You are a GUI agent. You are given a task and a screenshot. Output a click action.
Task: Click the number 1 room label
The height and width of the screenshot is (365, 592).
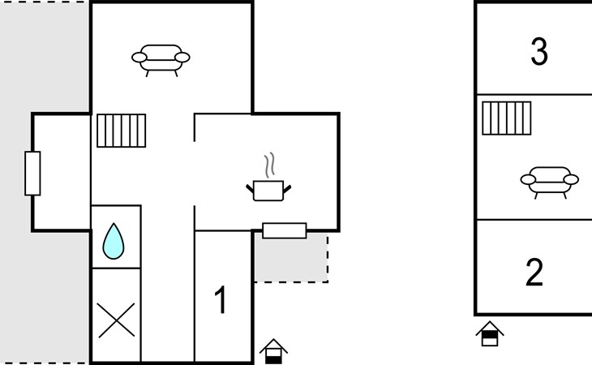220,300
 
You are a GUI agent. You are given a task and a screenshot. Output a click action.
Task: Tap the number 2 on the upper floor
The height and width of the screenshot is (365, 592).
534,273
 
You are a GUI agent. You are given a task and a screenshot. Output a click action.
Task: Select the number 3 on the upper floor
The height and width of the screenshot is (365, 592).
538,52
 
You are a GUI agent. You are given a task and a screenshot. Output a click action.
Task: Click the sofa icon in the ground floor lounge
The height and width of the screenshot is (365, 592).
161,58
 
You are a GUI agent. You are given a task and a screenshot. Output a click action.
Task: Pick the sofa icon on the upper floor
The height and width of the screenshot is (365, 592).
549,180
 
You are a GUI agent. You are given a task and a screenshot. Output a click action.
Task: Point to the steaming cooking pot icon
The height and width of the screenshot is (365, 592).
268,189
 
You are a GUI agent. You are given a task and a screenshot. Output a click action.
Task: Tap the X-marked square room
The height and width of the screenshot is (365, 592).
115,317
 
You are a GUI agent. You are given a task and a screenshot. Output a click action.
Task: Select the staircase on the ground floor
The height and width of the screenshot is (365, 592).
121,130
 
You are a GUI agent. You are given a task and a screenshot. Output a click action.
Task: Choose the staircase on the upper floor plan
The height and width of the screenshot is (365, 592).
506,118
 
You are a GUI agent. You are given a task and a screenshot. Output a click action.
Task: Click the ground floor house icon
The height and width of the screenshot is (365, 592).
273,351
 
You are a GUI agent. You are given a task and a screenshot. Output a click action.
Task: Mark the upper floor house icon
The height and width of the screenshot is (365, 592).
489,333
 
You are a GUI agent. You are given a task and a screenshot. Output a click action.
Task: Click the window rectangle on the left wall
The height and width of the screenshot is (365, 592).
32,174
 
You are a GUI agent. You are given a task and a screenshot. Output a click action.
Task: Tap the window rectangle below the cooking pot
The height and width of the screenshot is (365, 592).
285,230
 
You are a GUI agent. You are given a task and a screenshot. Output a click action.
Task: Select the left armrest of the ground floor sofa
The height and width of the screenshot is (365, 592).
139,58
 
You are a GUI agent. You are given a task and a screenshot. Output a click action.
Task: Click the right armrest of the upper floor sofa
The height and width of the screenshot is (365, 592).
571,179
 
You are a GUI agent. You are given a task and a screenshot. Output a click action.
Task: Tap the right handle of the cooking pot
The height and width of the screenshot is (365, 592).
285,188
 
